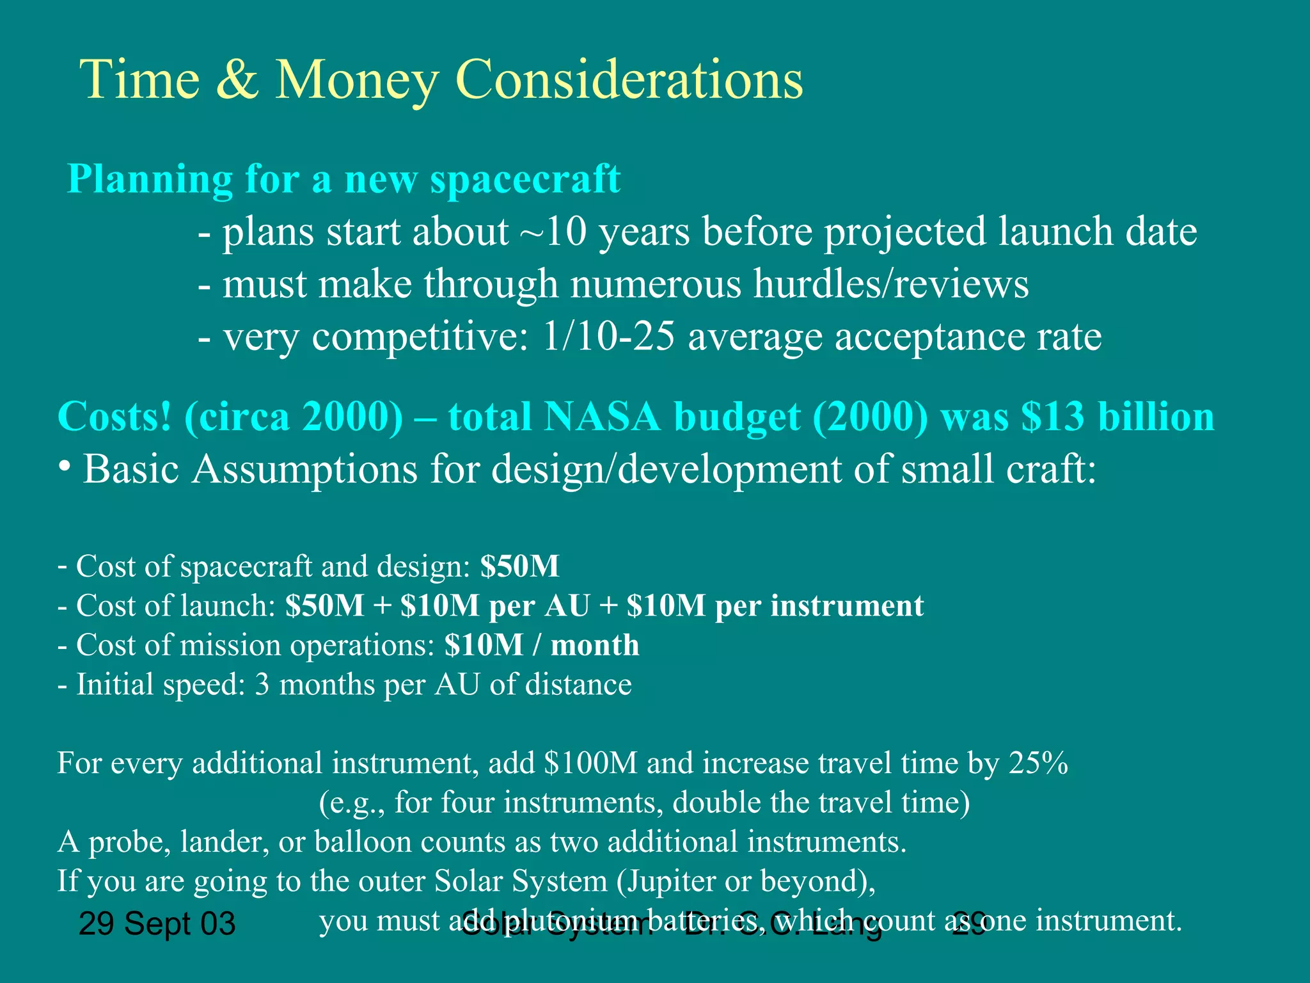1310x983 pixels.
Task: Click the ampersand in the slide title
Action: point(237,79)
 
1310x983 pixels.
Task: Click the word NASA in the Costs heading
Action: point(602,417)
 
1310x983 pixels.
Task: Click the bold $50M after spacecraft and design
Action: point(519,566)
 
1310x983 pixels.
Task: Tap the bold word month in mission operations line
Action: point(594,645)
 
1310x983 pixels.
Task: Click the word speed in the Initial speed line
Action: point(203,685)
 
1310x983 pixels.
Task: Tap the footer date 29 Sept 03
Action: point(157,924)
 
